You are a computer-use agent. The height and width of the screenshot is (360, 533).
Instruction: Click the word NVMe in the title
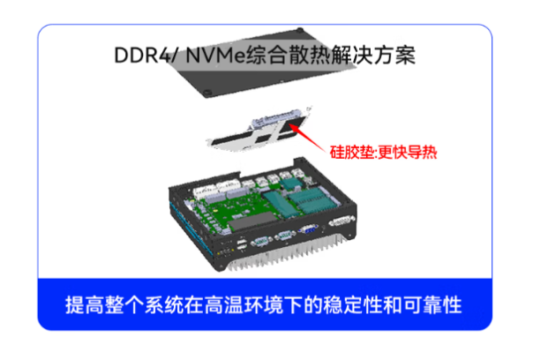pos(215,55)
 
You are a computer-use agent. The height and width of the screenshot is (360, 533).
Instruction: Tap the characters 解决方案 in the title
pos(373,55)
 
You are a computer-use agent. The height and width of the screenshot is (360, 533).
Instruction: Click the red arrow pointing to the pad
pos(307,138)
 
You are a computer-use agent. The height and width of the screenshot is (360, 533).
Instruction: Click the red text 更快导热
pos(407,153)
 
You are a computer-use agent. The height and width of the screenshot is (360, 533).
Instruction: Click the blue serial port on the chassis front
pos(308,229)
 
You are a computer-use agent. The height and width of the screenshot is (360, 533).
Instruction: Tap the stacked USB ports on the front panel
pos(241,244)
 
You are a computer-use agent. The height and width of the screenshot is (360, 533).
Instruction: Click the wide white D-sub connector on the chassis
pos(342,221)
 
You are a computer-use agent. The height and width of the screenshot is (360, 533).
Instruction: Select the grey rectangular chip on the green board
pos(252,221)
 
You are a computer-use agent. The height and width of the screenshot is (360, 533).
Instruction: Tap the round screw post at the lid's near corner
pos(207,92)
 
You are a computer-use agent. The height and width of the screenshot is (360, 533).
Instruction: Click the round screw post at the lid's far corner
pos(299,30)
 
